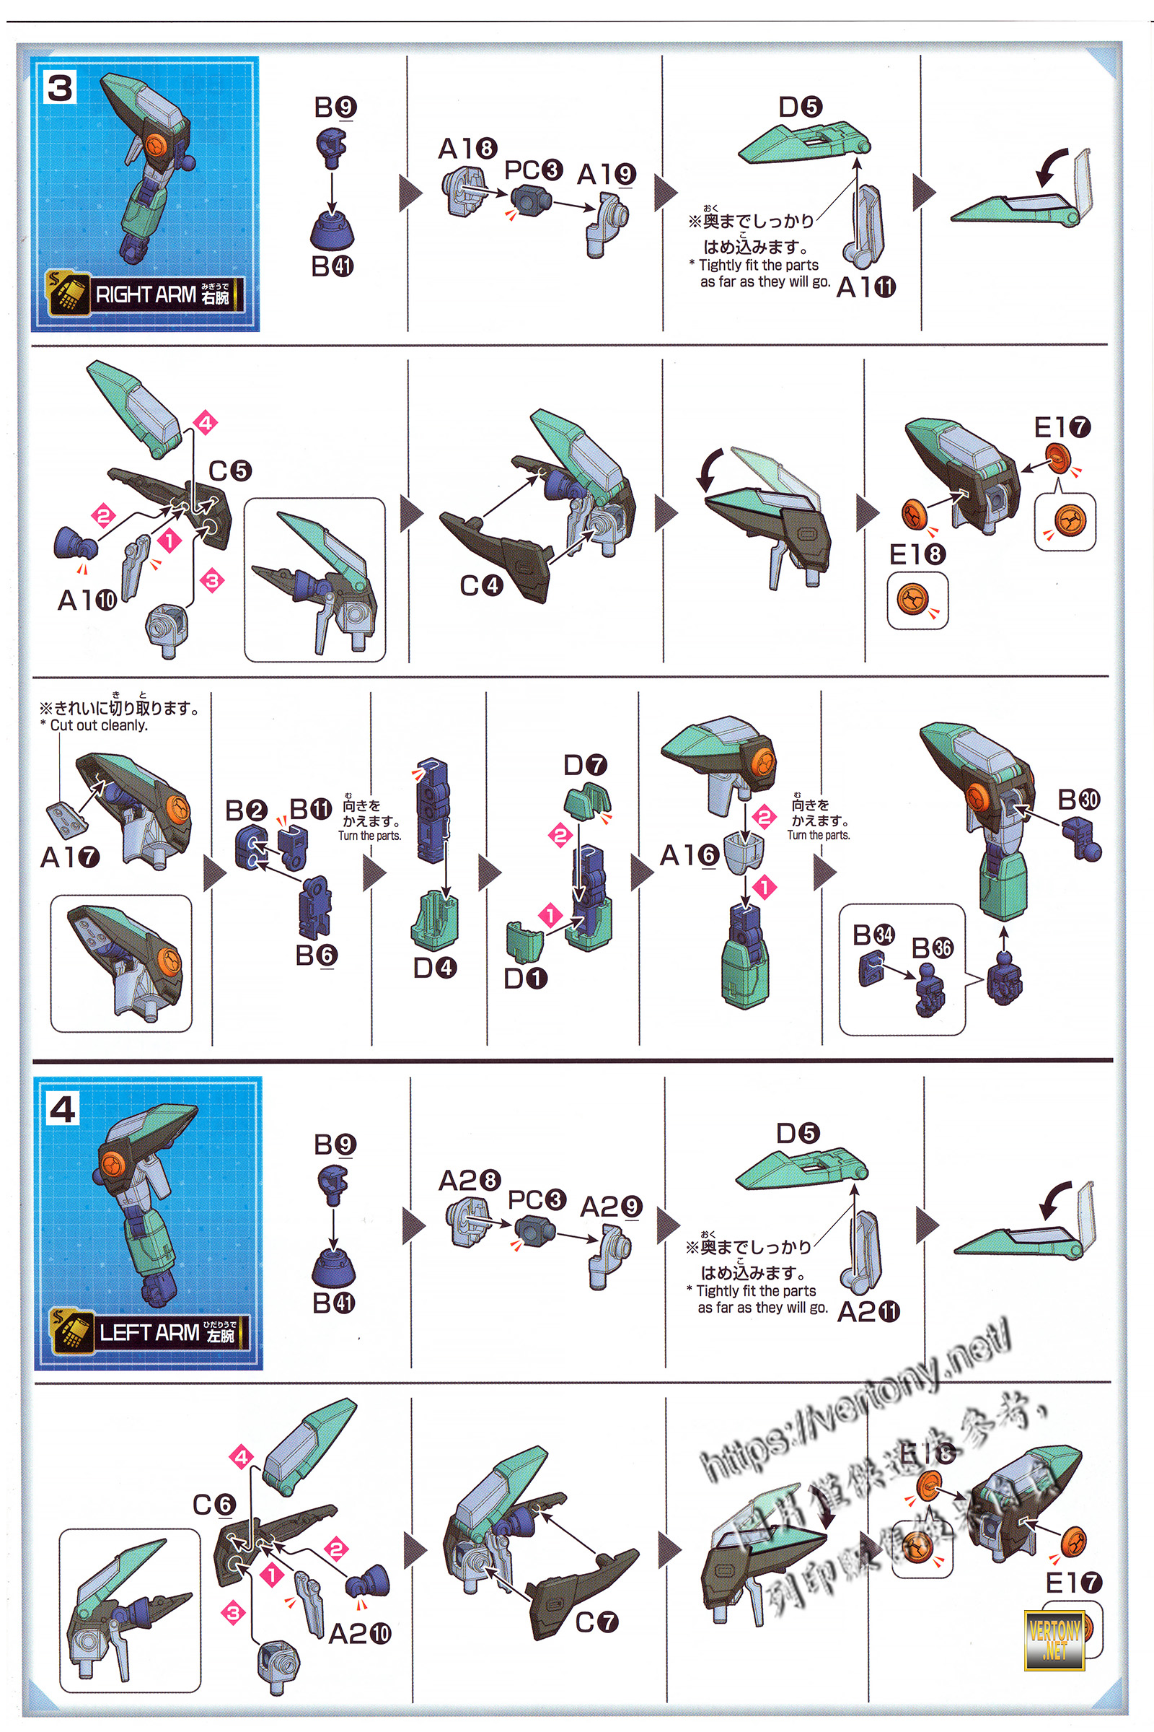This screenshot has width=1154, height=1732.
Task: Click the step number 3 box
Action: click(x=61, y=87)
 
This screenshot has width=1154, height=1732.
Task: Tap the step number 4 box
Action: click(x=63, y=1108)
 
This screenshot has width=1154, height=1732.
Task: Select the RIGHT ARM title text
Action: click(x=146, y=294)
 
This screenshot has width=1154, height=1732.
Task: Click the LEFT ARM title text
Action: click(x=149, y=1332)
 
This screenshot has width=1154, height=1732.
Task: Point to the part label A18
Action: click(x=467, y=149)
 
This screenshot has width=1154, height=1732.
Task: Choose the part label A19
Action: click(x=606, y=175)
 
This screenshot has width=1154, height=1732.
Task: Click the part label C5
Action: click(x=229, y=471)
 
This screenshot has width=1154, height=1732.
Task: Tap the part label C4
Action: click(x=480, y=585)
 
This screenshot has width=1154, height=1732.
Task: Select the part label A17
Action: click(x=69, y=857)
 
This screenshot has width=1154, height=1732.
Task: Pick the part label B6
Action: click(x=316, y=955)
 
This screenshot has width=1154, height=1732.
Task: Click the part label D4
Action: click(x=434, y=968)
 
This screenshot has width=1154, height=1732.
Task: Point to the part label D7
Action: click(x=585, y=765)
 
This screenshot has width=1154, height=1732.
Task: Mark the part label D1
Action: click(x=525, y=978)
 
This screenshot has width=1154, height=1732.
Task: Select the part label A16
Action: click(x=689, y=855)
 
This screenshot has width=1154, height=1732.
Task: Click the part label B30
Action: click(x=1078, y=799)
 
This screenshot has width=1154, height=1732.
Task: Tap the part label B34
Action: click(x=873, y=935)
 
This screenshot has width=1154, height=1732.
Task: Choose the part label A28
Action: click(x=469, y=1181)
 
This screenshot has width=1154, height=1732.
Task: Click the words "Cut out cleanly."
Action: click(x=99, y=725)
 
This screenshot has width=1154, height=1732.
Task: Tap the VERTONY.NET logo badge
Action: click(x=1054, y=1639)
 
